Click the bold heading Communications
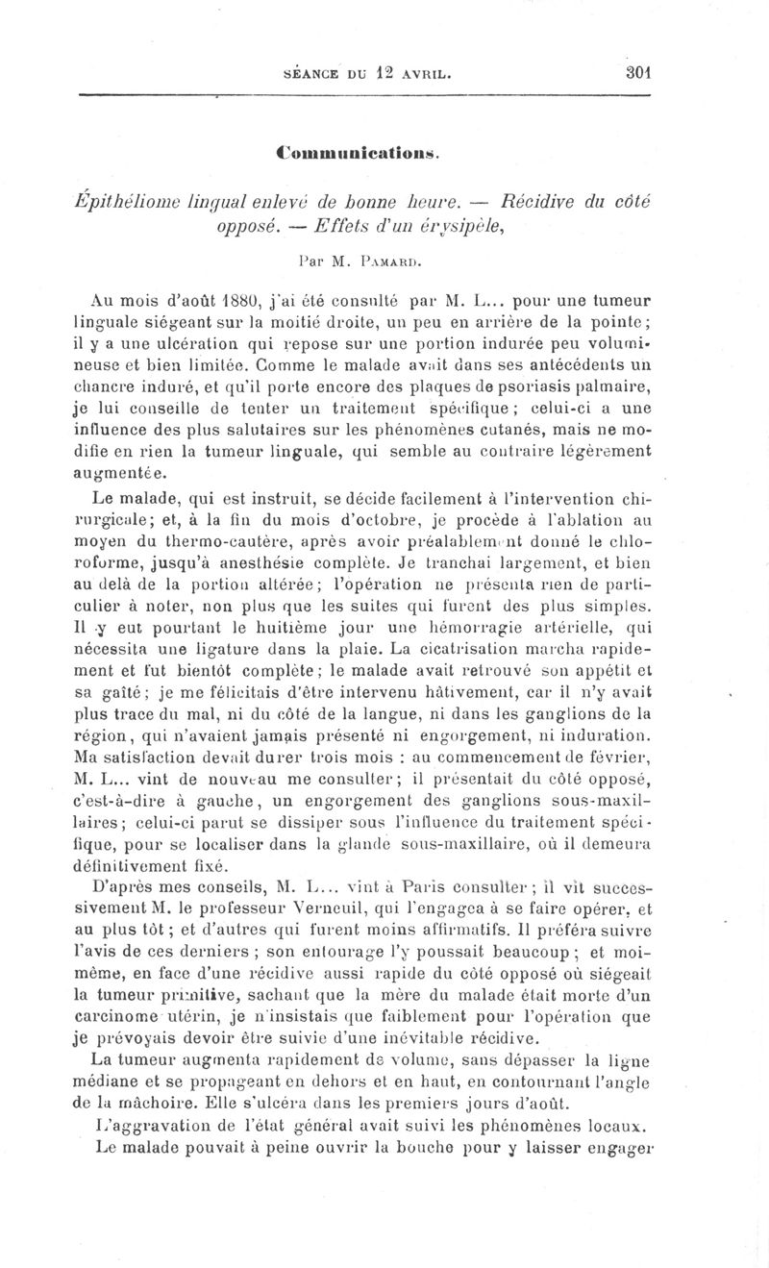358,151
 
